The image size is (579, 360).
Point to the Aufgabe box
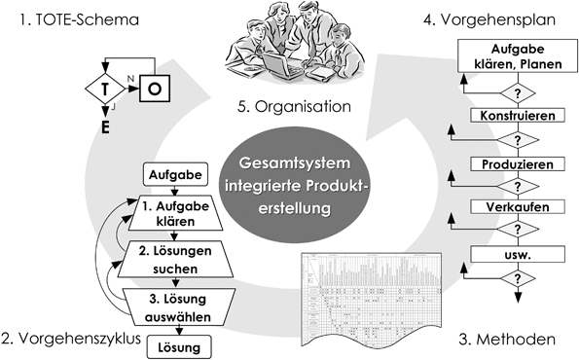pyautogui.click(x=172, y=174)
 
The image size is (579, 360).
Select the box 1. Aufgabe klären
pyautogui.click(x=172, y=211)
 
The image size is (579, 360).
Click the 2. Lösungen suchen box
pyautogui.click(x=173, y=258)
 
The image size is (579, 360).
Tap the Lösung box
pyautogui.click(x=172, y=346)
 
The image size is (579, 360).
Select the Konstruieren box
pyautogui.click(x=512, y=116)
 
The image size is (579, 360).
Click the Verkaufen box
pyautogui.click(x=512, y=208)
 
